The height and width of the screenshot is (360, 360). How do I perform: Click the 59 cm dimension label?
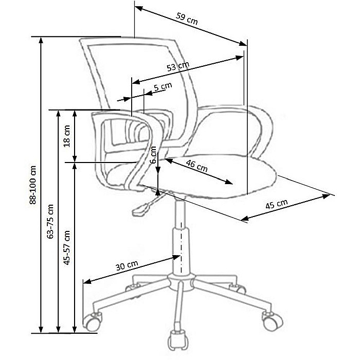tap(187, 19)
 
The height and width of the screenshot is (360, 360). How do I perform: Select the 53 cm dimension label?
tap(178, 66)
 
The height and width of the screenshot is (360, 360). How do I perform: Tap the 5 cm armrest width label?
tap(163, 87)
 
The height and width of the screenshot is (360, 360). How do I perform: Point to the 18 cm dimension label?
tap(67, 136)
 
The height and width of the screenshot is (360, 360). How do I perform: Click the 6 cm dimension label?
tap(153, 155)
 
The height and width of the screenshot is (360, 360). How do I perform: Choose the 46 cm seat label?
tap(197, 166)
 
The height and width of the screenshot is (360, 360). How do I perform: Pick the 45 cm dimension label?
tap(277, 204)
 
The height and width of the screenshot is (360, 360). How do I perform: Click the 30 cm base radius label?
tap(127, 266)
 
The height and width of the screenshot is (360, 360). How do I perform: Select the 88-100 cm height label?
tap(33, 185)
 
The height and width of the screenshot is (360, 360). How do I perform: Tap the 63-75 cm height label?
tap(50, 221)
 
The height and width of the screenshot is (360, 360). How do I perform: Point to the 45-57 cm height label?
tap(67, 248)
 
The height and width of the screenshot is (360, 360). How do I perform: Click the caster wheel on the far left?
tap(92, 322)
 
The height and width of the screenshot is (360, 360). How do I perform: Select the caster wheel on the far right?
tap(273, 321)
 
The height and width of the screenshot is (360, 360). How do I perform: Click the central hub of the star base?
tap(181, 282)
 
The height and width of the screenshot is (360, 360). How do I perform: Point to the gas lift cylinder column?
tap(182, 238)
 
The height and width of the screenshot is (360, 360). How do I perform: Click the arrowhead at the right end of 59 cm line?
tap(243, 43)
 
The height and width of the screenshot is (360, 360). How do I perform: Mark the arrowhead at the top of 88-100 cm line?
tap(41, 40)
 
